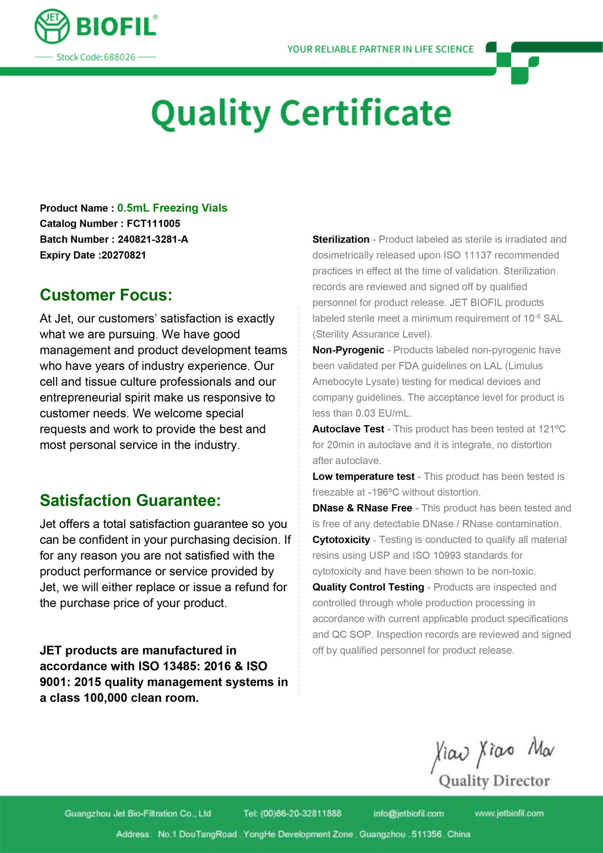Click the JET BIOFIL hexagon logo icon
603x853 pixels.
pyautogui.click(x=52, y=26)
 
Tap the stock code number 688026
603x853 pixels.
pyautogui.click(x=120, y=57)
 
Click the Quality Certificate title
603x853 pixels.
pyautogui.click(x=301, y=113)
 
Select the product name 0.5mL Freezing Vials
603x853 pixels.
pyautogui.click(x=172, y=208)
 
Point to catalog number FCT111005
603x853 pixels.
pyautogui.click(x=153, y=224)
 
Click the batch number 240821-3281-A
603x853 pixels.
pyautogui.click(x=153, y=239)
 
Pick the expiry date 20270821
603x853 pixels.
pyautogui.click(x=124, y=255)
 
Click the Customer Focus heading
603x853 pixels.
pyautogui.click(x=106, y=295)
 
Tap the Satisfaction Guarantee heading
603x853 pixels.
pyautogui.click(x=130, y=501)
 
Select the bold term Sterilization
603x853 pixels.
pyautogui.click(x=341, y=240)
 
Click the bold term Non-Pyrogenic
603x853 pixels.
pyautogui.click(x=348, y=350)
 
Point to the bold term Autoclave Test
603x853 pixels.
pyautogui.click(x=348, y=429)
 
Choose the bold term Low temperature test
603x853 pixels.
pyautogui.click(x=363, y=477)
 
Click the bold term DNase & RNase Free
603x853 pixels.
pyautogui.click(x=362, y=508)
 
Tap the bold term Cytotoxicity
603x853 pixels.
pyautogui.click(x=341, y=540)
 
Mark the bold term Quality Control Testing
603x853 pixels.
pyautogui.click(x=368, y=587)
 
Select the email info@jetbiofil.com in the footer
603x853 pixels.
pyautogui.click(x=409, y=813)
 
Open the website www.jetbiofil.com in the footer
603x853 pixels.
pyautogui.click(x=509, y=813)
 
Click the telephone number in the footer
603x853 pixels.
pyautogui.click(x=300, y=813)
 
